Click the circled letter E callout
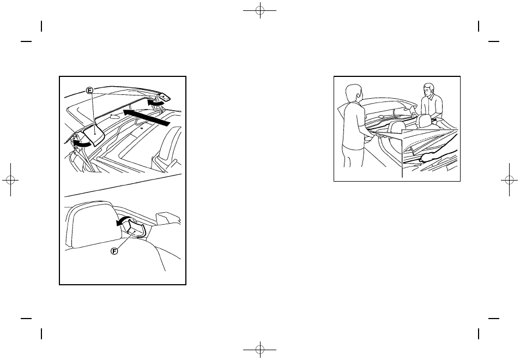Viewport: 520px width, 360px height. point(89,91)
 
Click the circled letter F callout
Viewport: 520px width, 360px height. point(114,251)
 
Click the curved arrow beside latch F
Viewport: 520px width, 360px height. point(123,221)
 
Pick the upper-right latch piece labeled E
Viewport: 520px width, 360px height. point(163,97)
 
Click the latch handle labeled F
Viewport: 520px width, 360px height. point(136,229)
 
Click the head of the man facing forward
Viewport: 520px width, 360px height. point(428,90)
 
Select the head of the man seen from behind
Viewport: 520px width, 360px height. point(353,93)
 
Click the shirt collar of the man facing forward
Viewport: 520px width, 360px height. point(430,97)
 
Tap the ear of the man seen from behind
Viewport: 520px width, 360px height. point(358,95)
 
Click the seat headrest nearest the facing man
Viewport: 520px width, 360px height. point(422,121)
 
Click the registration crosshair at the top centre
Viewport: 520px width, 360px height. point(260,10)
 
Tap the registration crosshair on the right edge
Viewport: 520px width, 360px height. point(510,180)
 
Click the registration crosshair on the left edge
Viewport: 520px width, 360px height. point(10,180)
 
